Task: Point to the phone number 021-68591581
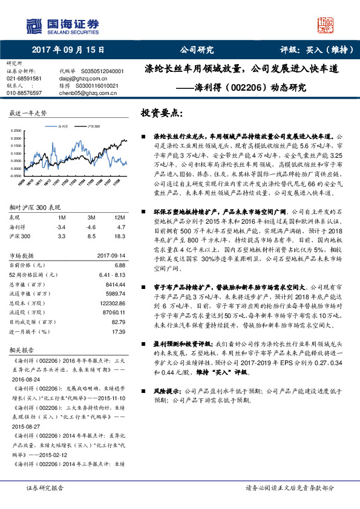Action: point(24,78)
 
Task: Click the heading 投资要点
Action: point(161,114)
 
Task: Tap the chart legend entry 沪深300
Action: point(93,127)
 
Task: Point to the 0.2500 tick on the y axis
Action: point(19,131)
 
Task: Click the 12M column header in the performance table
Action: point(119,217)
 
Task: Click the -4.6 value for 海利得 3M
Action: point(92,226)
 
